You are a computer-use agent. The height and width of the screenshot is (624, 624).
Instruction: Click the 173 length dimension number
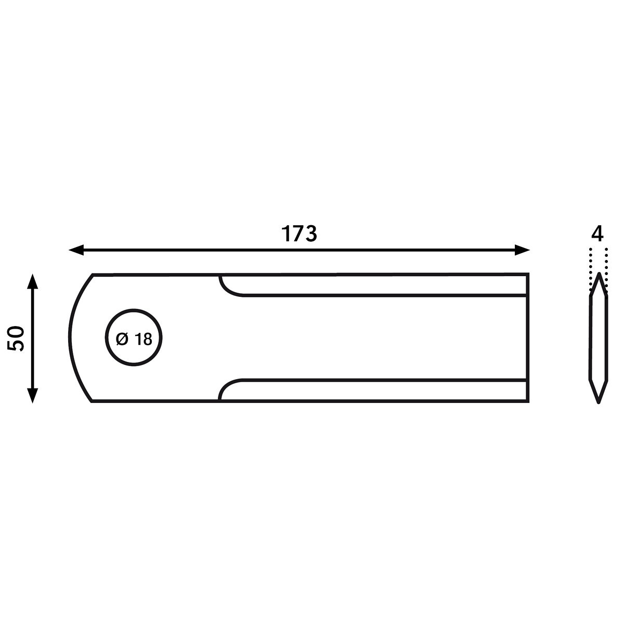299,234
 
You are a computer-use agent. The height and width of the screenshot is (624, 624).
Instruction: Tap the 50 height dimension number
16,339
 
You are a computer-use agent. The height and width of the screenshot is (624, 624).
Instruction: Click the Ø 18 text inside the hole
134,339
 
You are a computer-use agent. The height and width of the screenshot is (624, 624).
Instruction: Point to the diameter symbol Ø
122,339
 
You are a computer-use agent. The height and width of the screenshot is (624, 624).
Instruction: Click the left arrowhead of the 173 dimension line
76,250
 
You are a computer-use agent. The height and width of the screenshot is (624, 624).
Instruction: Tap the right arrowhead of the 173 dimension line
522,250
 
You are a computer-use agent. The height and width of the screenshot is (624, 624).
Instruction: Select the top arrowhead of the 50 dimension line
32,281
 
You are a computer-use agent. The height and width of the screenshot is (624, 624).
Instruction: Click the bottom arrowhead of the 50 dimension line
32,396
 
